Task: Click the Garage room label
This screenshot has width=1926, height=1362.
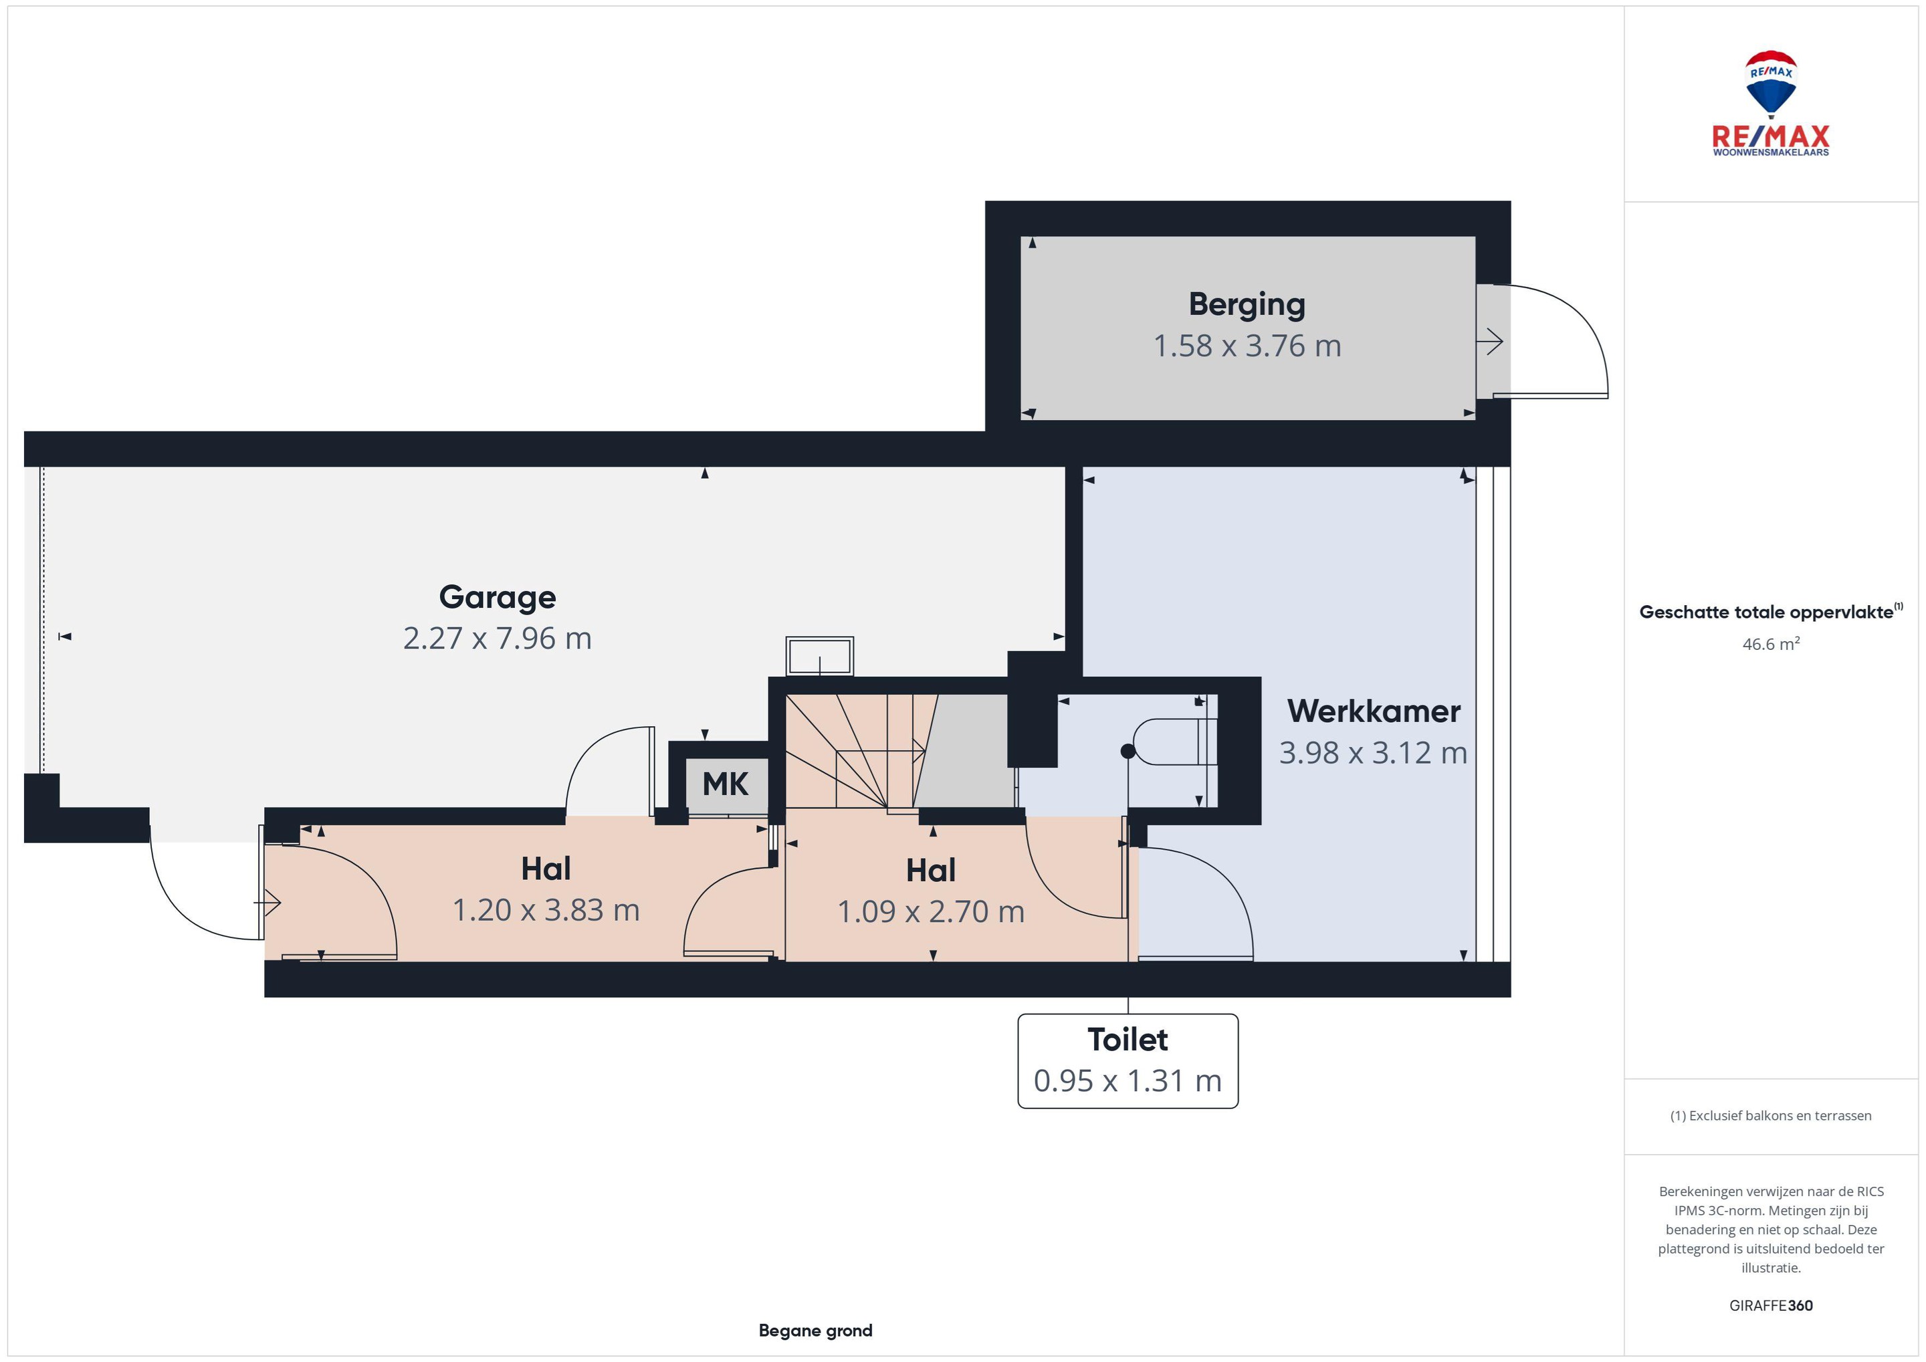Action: coord(498,597)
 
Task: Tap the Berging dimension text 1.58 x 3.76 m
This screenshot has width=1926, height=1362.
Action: coord(1247,346)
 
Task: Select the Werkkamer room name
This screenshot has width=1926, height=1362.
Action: coord(1373,711)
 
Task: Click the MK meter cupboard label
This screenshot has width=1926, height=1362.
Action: coord(725,784)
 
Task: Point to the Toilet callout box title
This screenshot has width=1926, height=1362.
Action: coord(1128,1039)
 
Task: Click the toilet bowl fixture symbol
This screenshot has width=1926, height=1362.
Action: coord(1170,742)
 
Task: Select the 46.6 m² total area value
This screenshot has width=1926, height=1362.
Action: coord(1771,644)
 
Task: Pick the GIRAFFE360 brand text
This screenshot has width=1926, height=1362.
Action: coord(1771,1306)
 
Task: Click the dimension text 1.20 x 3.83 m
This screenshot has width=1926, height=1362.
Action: coord(546,910)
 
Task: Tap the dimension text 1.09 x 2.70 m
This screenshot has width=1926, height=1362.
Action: coord(931,911)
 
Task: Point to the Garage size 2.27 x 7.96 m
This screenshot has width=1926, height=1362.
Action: coord(498,639)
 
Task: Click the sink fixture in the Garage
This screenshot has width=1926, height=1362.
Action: coord(820,656)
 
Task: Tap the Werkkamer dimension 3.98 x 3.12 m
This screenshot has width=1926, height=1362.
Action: coord(1373,752)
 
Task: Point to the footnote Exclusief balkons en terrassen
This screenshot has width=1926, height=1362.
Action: coord(1771,1115)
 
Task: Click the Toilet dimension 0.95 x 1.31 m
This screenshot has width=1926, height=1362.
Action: coord(1128,1081)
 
